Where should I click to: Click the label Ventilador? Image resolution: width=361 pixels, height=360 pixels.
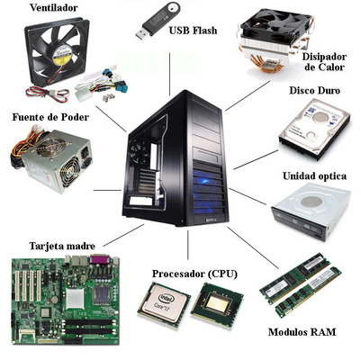click(x=54, y=8)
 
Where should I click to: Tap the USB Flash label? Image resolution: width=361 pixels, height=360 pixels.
click(x=193, y=31)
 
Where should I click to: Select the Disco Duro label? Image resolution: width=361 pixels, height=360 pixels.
click(x=314, y=90)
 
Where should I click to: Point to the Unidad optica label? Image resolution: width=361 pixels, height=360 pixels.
click(x=314, y=175)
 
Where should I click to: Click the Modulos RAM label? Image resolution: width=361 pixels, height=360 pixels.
click(x=302, y=332)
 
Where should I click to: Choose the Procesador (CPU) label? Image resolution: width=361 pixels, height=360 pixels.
click(x=194, y=274)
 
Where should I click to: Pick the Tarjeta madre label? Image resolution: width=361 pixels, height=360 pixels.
click(x=62, y=246)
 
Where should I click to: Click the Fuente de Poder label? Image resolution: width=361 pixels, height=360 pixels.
click(x=50, y=117)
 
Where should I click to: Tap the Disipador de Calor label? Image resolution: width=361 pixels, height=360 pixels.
click(x=324, y=61)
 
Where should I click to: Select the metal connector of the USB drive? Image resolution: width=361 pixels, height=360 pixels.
click(x=141, y=34)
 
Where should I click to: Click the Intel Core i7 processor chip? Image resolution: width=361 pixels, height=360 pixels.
click(x=164, y=304)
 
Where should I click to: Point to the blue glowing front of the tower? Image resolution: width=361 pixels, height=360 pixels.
click(x=208, y=192)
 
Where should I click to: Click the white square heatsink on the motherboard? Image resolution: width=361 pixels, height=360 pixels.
click(x=75, y=299)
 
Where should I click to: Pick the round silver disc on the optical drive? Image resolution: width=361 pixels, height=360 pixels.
click(x=311, y=202)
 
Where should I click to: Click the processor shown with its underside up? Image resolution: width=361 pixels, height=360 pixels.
click(x=217, y=304)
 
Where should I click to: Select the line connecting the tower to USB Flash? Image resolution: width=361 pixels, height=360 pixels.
click(x=170, y=75)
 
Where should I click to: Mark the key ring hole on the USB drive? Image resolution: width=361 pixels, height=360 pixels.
click(x=173, y=8)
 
